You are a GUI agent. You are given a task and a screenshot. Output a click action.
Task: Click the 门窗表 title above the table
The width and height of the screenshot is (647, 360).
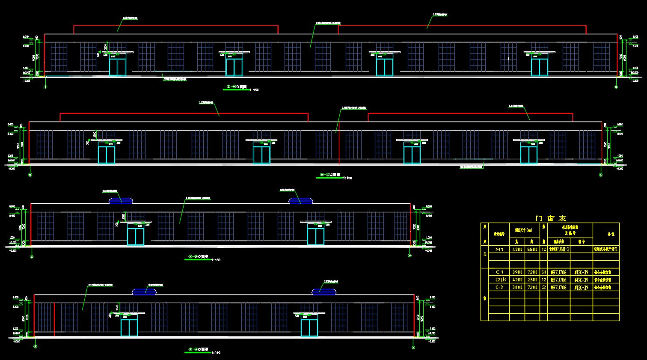coord(551,218)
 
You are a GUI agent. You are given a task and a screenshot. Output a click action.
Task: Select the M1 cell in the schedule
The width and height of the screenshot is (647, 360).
coord(499,249)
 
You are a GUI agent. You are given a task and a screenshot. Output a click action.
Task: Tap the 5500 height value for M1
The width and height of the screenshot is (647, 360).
coord(532,249)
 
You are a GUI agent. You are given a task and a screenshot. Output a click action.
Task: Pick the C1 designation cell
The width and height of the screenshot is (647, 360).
coord(499,272)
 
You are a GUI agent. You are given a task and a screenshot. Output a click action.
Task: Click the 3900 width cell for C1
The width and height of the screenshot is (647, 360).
coord(517,272)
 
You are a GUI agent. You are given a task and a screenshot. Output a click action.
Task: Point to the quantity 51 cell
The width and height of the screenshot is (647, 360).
coord(544,272)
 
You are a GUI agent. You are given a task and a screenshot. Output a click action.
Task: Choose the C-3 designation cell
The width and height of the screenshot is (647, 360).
coord(499,288)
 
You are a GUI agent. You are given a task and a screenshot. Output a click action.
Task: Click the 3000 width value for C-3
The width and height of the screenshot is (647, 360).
coord(517,288)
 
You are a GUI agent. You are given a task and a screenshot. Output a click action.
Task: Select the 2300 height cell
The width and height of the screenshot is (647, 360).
coord(532,280)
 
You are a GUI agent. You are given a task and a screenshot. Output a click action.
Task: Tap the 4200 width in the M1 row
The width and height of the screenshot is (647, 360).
coord(517,249)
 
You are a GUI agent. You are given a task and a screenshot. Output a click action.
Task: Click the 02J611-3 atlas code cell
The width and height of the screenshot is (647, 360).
coord(559,249)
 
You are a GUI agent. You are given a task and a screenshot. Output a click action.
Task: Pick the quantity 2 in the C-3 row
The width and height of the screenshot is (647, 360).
coord(544,288)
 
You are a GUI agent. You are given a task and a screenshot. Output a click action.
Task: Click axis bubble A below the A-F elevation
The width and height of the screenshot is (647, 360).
coord(32,256)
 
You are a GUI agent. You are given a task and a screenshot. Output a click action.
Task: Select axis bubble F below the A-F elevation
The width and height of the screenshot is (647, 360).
coord(410,256)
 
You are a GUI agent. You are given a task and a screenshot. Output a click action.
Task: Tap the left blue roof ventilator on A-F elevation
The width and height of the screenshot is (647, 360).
coord(121,200)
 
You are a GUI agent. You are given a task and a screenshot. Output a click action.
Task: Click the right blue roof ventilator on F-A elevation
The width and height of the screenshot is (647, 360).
coord(324,292)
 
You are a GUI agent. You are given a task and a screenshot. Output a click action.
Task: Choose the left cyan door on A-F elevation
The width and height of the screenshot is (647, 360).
coord(136,236)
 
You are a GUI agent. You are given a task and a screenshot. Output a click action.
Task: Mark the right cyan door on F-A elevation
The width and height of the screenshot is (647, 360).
coord(309,327)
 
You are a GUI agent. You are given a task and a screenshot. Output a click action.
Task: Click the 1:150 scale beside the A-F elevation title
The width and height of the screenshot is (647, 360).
coord(216,260)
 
